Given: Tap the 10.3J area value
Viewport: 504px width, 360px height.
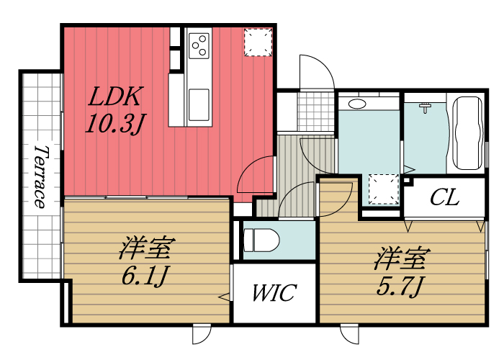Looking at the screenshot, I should (x=115, y=123).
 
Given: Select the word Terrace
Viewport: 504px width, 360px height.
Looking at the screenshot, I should (x=40, y=176).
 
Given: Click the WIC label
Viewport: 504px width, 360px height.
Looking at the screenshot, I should (x=274, y=294).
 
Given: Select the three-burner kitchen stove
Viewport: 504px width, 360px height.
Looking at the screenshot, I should (x=199, y=47).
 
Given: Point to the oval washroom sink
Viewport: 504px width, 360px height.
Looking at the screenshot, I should (x=356, y=104).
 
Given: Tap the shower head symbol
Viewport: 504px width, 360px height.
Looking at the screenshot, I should (x=425, y=107).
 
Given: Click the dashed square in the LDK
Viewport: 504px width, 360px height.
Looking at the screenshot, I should (x=257, y=42).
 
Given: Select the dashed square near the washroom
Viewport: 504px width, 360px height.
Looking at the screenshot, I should (x=383, y=190).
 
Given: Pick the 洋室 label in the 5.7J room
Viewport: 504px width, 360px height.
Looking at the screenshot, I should (x=401, y=258).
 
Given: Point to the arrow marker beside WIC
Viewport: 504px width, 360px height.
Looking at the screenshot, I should (x=225, y=296).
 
